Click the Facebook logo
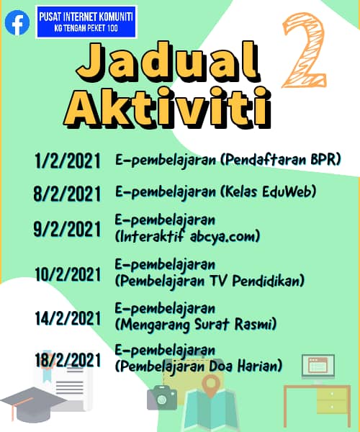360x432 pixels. point(17,22)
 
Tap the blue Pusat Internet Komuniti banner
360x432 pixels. point(86,22)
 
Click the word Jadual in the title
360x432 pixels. point(168,62)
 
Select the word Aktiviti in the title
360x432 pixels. point(168,107)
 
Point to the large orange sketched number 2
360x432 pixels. point(305,50)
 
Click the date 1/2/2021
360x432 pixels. point(67,161)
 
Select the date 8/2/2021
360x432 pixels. point(67,194)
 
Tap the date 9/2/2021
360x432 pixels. point(67,229)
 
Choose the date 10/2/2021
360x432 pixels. point(68,274)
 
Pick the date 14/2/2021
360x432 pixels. point(68,318)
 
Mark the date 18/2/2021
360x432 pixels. point(68,360)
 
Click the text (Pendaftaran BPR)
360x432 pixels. point(281,160)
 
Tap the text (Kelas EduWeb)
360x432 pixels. point(268,192)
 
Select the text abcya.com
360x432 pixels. point(222,237)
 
